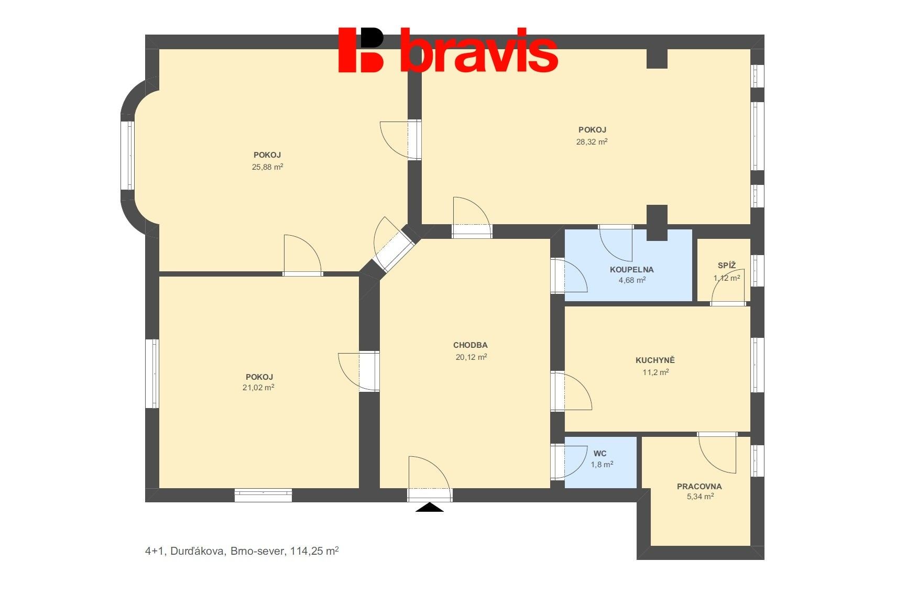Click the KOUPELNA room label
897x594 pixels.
(x=631, y=270)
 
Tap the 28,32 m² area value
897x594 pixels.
(x=592, y=141)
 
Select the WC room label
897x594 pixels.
(x=600, y=454)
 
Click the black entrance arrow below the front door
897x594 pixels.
(x=429, y=507)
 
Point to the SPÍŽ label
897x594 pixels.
(x=727, y=266)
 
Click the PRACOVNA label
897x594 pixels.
(x=699, y=486)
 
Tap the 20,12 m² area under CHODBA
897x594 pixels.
(x=471, y=357)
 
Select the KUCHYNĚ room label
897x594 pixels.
(x=655, y=360)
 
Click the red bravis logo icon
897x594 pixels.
(x=361, y=50)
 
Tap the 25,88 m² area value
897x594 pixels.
(x=267, y=167)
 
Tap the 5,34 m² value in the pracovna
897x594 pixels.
(x=700, y=497)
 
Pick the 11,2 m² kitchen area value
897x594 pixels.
(x=655, y=372)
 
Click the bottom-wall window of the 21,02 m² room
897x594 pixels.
(x=263, y=494)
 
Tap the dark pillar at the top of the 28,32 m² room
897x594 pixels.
(x=657, y=58)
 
